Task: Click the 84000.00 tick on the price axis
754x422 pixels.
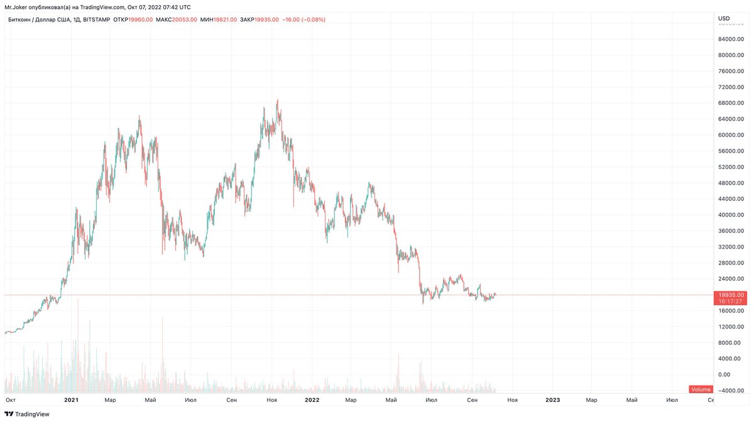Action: pyautogui.click(x=731, y=39)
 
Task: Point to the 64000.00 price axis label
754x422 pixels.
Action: pyautogui.click(x=731, y=119)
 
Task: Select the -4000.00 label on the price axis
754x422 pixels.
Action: pyautogui.click(x=731, y=391)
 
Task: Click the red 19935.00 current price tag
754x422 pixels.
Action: pyautogui.click(x=731, y=295)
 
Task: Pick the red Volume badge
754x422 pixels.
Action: pyautogui.click(x=701, y=389)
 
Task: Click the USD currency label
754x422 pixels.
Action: pyautogui.click(x=724, y=18)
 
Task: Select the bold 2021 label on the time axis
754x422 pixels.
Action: pyautogui.click(x=71, y=400)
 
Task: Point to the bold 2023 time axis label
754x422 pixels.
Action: pyautogui.click(x=553, y=400)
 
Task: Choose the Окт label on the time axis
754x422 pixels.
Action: pyautogui.click(x=10, y=400)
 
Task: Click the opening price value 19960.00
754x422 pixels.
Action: pyautogui.click(x=141, y=19)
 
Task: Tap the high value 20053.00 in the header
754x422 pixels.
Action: pyautogui.click(x=185, y=19)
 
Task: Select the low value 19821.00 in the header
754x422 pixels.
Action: pyautogui.click(x=224, y=19)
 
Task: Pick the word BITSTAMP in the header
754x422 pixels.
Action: pyautogui.click(x=97, y=19)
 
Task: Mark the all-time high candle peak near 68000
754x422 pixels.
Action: pyautogui.click(x=277, y=100)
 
